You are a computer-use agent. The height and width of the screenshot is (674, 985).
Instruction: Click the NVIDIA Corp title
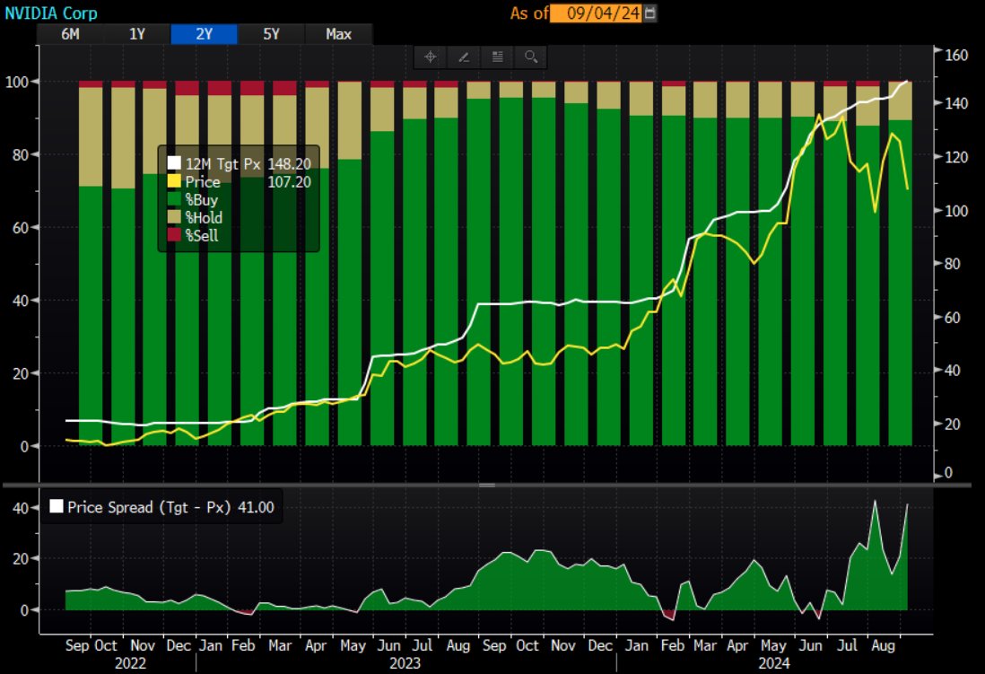tap(50, 13)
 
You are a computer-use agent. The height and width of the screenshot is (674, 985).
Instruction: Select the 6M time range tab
tap(69, 34)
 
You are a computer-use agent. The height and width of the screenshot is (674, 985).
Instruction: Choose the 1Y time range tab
tap(136, 34)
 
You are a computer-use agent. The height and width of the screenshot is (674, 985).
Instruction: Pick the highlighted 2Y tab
tap(204, 34)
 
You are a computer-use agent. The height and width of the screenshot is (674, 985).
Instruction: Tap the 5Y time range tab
tap(271, 34)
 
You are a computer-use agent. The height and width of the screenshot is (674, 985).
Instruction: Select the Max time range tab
tap(338, 34)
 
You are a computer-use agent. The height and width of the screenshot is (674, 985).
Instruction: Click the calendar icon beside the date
tap(650, 13)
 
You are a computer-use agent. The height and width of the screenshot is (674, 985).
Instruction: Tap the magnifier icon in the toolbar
tap(530, 57)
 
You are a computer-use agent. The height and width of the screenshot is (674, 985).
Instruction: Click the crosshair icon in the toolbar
tap(430, 57)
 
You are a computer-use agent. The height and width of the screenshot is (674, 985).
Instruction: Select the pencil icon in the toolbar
tap(463, 57)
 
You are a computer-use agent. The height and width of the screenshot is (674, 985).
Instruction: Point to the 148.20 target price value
tap(289, 163)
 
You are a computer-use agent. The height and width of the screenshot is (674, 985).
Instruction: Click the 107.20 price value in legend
tap(289, 181)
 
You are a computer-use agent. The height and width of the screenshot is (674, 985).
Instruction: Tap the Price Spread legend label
tap(161, 507)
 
